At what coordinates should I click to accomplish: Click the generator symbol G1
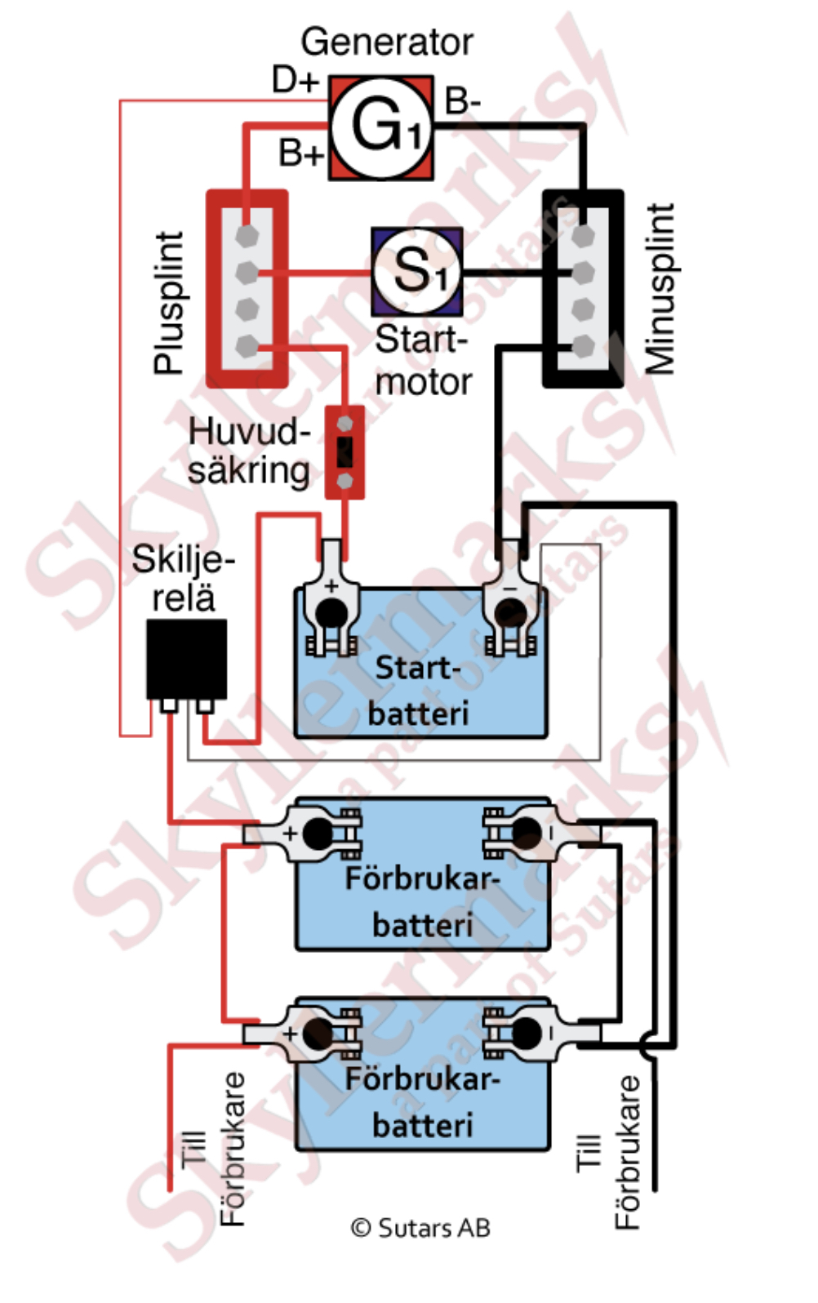(x=381, y=127)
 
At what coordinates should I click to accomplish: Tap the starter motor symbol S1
(x=417, y=272)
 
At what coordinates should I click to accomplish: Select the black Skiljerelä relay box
(x=186, y=659)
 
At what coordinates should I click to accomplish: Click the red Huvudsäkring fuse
(x=345, y=452)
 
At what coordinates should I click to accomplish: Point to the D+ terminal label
(x=296, y=79)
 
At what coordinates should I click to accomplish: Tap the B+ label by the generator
(x=300, y=153)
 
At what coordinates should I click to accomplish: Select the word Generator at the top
(x=387, y=42)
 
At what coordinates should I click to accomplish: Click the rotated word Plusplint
(x=169, y=302)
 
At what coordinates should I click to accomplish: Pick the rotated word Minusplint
(x=660, y=288)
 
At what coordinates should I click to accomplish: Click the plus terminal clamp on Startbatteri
(x=331, y=599)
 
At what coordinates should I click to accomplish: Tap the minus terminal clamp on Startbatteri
(x=510, y=599)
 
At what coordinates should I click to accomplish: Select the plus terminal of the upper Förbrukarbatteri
(x=303, y=833)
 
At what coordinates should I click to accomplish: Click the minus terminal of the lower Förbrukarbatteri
(x=542, y=1033)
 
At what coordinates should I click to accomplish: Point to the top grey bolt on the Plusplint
(x=247, y=235)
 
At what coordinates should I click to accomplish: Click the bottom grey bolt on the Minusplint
(x=583, y=346)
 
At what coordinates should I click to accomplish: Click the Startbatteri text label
(x=418, y=691)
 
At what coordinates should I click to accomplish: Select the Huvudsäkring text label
(x=249, y=451)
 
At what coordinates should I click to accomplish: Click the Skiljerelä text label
(x=183, y=578)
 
